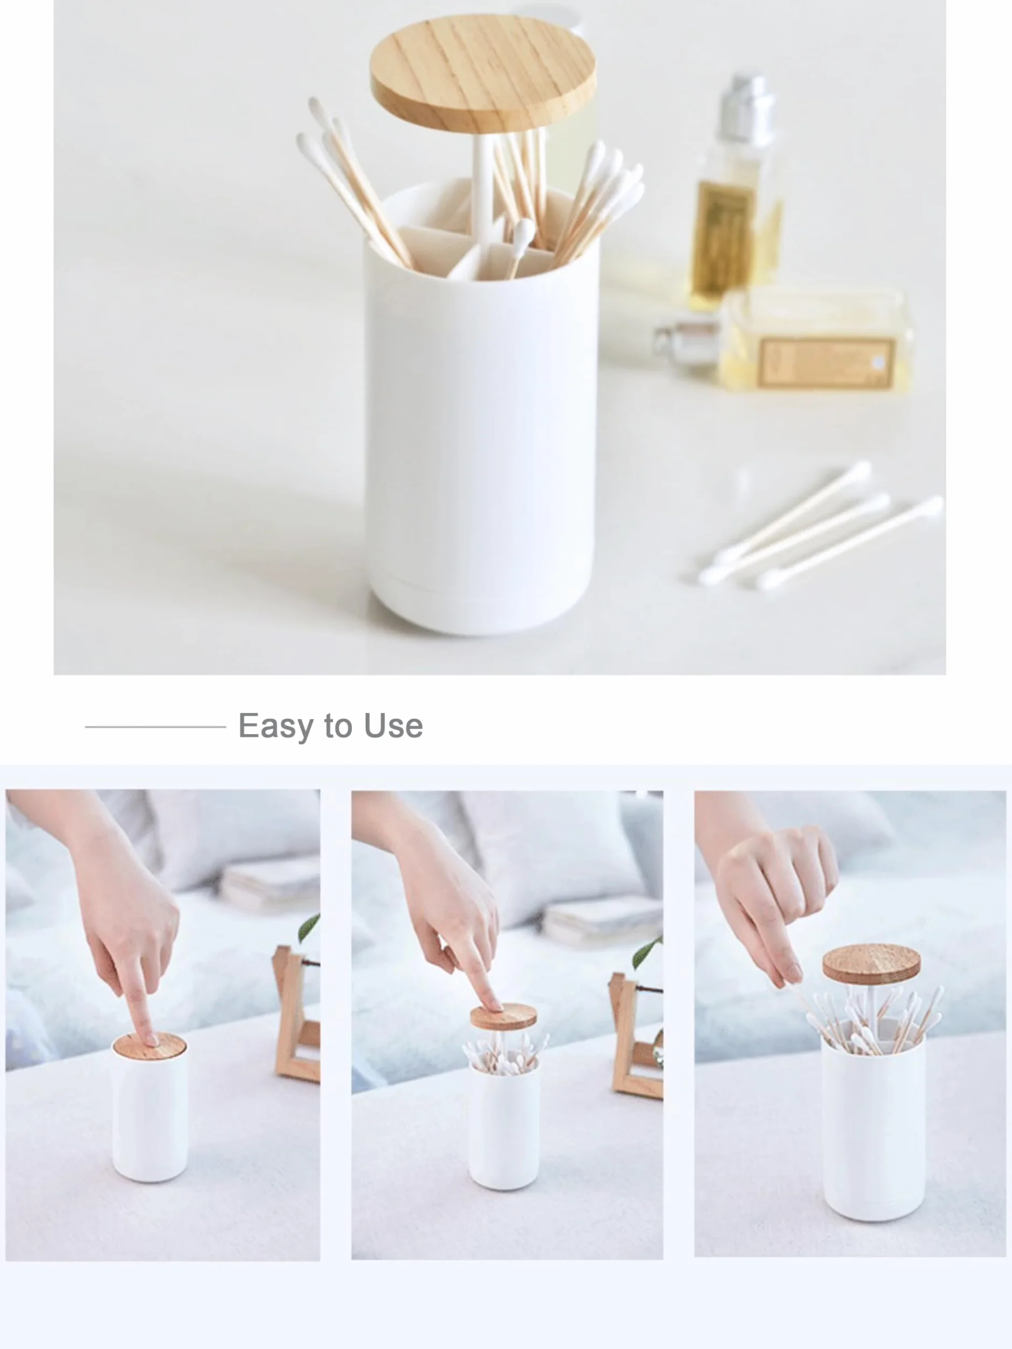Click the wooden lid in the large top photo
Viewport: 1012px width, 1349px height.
[x=483, y=73]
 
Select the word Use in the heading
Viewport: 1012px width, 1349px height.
[x=394, y=726]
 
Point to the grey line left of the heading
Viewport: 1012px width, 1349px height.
[x=155, y=726]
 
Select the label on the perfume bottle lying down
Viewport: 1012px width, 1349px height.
[x=825, y=363]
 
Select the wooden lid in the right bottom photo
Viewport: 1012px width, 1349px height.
[x=871, y=964]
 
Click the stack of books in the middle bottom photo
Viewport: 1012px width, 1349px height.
[x=601, y=921]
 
